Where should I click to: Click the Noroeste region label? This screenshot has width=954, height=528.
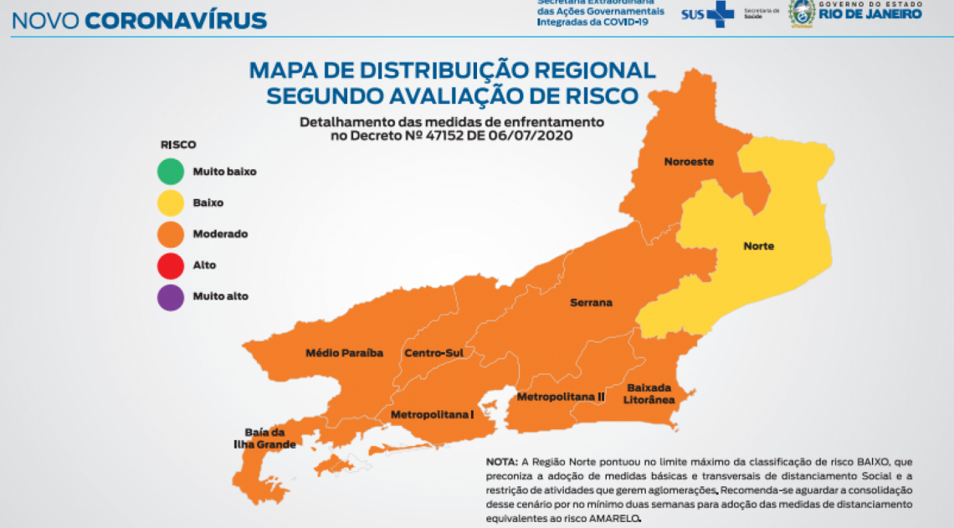pos(689,161)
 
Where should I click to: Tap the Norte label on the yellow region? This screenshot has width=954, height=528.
pos(758,246)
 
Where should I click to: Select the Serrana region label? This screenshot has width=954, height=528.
pos(591,302)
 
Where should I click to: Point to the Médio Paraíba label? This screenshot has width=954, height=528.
pos(344,353)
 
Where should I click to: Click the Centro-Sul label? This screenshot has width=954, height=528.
pos(433,353)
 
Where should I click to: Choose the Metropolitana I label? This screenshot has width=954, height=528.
pos(433,414)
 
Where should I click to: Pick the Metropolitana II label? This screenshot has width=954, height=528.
pos(560,396)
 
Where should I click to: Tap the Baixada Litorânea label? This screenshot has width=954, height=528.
pos(649,393)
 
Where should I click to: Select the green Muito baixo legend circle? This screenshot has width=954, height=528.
pos(170,172)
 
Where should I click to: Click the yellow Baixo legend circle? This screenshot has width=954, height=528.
pos(170,202)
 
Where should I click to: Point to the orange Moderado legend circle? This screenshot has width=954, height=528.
pos(170,234)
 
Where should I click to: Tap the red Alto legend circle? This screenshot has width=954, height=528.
pos(170,265)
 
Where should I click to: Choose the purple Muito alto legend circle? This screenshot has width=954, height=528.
pos(170,296)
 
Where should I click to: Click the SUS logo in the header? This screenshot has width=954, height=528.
pos(707,13)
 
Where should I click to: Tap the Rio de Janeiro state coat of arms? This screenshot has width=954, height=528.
pos(802,13)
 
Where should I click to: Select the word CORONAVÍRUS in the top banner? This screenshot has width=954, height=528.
pos(176,20)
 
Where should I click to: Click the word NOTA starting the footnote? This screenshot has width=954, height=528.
pos(500,462)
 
